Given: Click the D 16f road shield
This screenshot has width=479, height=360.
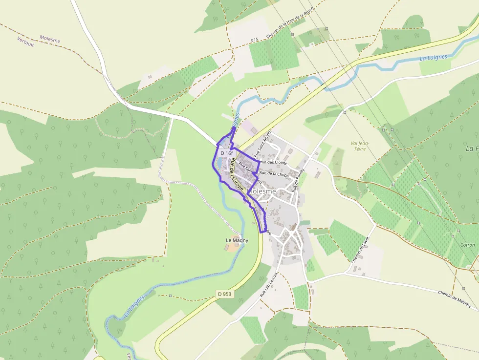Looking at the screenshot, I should (226, 153).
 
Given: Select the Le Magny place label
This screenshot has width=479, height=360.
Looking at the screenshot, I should (237, 240).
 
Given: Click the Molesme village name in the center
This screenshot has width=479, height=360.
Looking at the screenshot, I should (262, 191).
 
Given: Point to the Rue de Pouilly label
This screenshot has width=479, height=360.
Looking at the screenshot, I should (298, 180).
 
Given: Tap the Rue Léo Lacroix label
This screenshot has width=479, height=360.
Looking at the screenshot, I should (268, 285).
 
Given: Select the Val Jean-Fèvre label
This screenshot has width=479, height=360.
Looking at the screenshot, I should (359, 146).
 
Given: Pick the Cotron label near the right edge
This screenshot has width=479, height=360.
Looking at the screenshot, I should (467, 245).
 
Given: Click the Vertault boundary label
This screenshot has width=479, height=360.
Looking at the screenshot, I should (25, 43).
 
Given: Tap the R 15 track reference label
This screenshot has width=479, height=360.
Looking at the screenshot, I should (254, 40).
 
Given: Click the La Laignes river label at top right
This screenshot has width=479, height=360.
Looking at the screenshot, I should (433, 58).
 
